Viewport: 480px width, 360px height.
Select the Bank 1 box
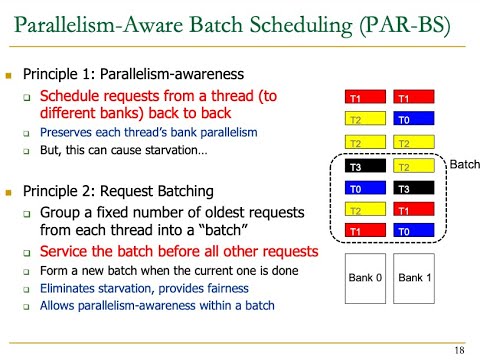click(x=412, y=274)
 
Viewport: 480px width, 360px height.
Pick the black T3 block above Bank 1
click(x=412, y=188)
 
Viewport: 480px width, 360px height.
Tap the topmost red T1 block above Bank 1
click(x=412, y=99)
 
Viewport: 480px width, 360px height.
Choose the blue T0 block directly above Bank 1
click(x=412, y=231)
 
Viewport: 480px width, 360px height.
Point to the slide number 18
click(x=458, y=349)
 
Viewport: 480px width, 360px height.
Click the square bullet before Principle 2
click(x=10, y=191)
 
